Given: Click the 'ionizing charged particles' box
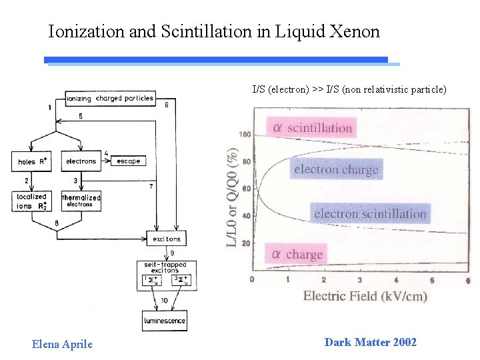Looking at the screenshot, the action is click(x=110, y=99).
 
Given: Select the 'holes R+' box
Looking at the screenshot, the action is click(x=31, y=161).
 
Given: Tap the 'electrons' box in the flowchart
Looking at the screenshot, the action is click(x=81, y=161).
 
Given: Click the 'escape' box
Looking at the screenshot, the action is click(x=129, y=161).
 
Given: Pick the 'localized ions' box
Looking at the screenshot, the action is click(x=31, y=201).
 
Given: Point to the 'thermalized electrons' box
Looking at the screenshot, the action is click(x=81, y=200).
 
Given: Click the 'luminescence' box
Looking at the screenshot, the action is click(x=164, y=321).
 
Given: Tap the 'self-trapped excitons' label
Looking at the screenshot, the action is click(x=163, y=267).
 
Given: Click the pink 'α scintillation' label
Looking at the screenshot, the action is click(x=311, y=127).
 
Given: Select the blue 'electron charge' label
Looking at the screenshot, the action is click(x=336, y=169).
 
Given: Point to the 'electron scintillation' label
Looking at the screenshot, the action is click(x=370, y=213).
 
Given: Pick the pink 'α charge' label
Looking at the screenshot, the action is click(x=297, y=254).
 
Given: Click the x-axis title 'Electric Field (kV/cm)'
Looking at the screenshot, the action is click(x=365, y=296).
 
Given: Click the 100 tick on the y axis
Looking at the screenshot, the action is click(x=245, y=135).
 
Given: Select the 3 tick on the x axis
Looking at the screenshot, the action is click(x=360, y=280).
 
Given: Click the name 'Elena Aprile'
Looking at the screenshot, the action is click(x=62, y=344).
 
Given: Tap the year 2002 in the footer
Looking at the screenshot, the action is click(x=405, y=343).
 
